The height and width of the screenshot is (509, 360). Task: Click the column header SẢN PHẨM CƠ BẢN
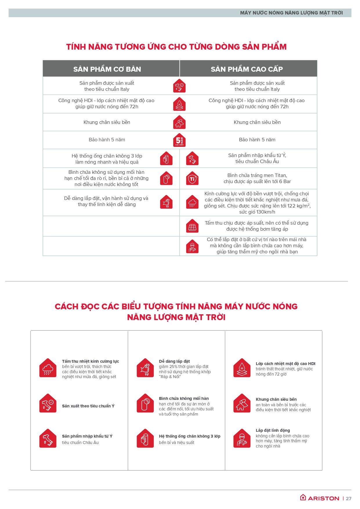click(x=107, y=69)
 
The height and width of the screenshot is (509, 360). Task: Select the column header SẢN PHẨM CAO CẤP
click(x=247, y=69)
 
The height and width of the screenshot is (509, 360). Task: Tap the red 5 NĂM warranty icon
click(x=179, y=140)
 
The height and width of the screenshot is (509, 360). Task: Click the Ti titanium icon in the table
click(x=192, y=179)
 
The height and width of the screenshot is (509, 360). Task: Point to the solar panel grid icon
click(x=192, y=226)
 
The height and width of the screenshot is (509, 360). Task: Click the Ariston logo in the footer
click(x=319, y=498)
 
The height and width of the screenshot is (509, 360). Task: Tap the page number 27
click(x=348, y=499)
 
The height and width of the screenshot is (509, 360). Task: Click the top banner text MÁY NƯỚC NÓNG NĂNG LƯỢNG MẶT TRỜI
click(x=291, y=13)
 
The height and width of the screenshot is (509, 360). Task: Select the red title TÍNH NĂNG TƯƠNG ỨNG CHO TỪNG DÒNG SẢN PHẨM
click(x=176, y=47)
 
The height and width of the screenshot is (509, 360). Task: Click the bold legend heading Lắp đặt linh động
click(x=273, y=430)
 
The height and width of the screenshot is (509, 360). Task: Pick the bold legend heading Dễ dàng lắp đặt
click(x=174, y=361)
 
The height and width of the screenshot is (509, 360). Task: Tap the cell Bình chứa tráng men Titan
click(x=257, y=178)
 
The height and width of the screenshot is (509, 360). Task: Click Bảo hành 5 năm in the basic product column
click(x=107, y=140)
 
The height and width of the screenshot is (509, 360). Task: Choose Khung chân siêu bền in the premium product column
click(x=257, y=122)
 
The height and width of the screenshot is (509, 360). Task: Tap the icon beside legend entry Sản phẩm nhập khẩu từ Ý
click(x=48, y=438)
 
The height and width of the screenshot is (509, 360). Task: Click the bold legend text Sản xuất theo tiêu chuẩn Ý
click(x=88, y=406)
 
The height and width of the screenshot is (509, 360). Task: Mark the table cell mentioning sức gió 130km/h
click(x=257, y=203)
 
